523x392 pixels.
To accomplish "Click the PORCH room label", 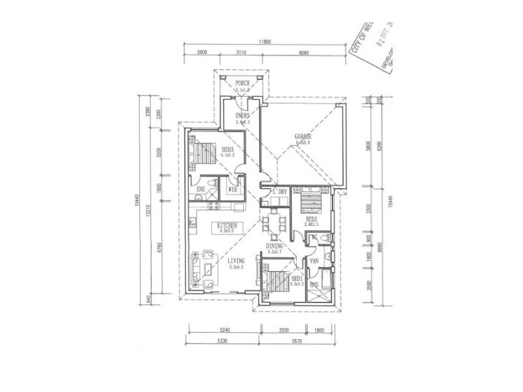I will pyautogui.click(x=243, y=84).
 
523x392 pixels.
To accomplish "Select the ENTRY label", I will pyautogui.click(x=243, y=116).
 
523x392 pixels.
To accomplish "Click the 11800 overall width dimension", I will pyautogui.click(x=264, y=41).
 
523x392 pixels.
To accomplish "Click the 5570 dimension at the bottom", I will pyautogui.click(x=297, y=342).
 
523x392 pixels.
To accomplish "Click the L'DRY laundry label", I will pyautogui.click(x=280, y=191).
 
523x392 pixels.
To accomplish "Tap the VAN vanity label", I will pyautogui.click(x=314, y=259).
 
